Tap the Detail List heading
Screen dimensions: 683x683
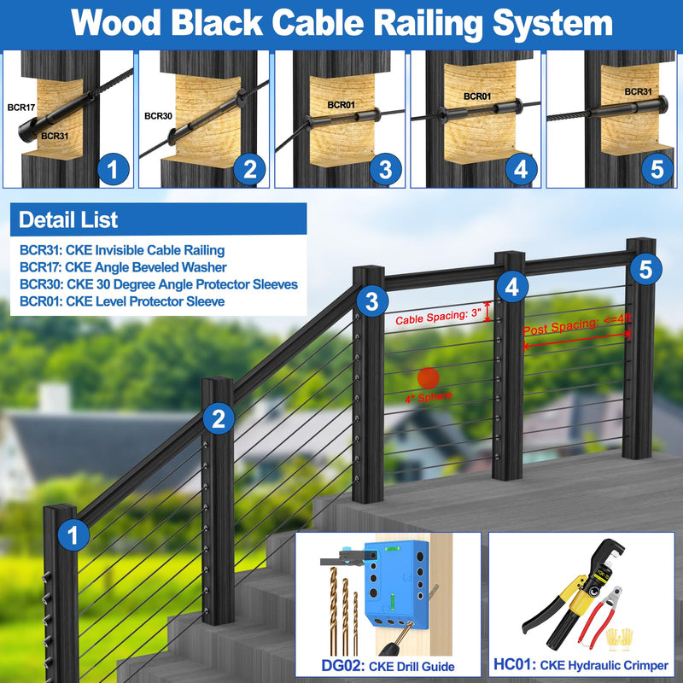pos(68,219)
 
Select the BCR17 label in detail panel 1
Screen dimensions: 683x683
pos(20,108)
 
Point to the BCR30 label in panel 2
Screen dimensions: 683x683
pos(158,116)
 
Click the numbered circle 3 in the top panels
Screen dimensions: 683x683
pos(386,169)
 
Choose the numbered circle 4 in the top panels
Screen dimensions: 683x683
pos(522,169)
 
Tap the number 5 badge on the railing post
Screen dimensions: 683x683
pos(645,269)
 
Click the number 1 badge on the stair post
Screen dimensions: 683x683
pos(73,535)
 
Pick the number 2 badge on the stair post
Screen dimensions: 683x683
pos(219,418)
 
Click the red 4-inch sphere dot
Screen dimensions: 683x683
pos(429,378)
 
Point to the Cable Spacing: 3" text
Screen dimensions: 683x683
pos(438,317)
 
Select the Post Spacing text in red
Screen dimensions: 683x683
pos(577,324)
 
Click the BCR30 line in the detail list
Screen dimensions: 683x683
pos(159,284)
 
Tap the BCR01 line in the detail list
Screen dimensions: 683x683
pos(122,301)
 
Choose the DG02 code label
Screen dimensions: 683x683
pos(343,666)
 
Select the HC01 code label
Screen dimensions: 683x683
pos(515,665)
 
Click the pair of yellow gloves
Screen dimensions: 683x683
pos(619,639)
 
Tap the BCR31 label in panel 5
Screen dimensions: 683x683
pos(638,91)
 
